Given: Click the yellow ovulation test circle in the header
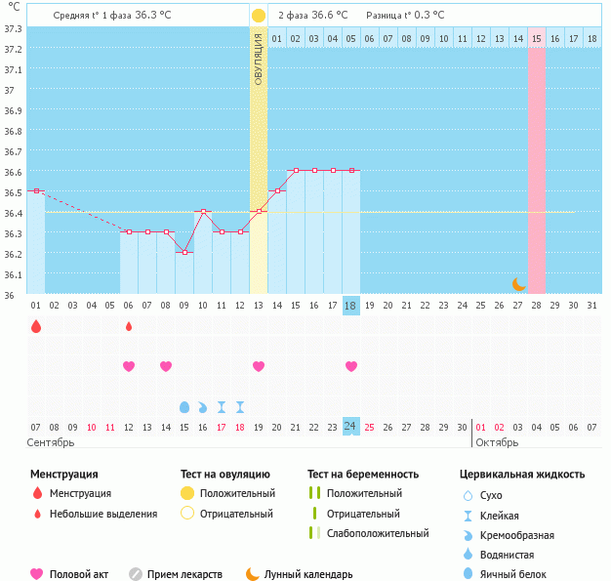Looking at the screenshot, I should (x=258, y=16).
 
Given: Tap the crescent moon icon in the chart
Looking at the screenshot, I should (x=519, y=284).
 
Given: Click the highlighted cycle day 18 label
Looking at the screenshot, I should (x=351, y=306).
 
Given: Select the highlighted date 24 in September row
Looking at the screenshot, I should (x=351, y=427).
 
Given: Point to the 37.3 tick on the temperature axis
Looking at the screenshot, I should (x=13, y=28).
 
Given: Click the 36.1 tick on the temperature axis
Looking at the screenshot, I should (x=13, y=274).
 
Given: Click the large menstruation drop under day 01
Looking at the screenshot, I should (x=36, y=326).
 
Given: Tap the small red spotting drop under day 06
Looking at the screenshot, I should (x=129, y=326).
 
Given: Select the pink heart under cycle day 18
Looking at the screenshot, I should (x=351, y=366).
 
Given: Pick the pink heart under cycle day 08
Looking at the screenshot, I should (x=166, y=366).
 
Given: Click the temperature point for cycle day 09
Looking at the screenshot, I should (x=184, y=252).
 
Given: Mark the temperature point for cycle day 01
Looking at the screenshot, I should (x=36, y=190).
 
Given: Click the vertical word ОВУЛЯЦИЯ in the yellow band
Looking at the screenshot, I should (x=258, y=59).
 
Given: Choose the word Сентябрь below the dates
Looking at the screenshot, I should (x=52, y=443).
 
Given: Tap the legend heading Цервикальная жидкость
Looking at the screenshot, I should (x=522, y=474).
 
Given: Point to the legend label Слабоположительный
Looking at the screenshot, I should (x=378, y=533).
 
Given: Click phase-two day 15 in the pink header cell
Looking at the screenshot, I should (x=537, y=38).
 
